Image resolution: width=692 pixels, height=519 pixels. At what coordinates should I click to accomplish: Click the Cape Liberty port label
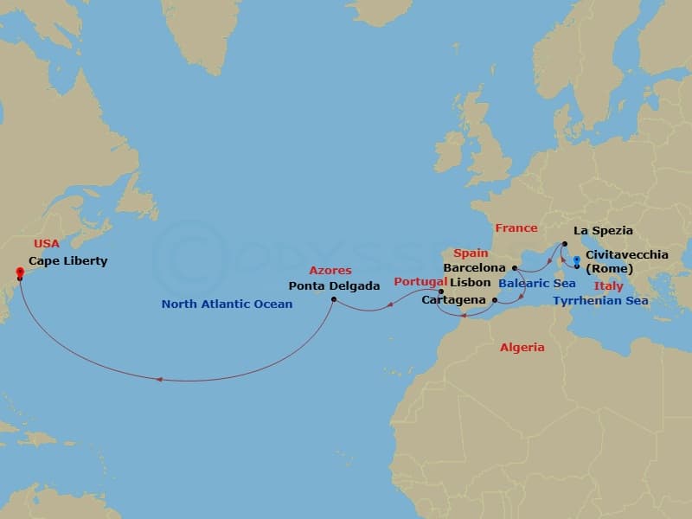point(67,260)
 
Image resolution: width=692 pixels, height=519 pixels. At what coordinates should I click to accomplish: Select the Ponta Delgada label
point(334,285)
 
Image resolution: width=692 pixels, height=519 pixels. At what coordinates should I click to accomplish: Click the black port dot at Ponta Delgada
point(334,300)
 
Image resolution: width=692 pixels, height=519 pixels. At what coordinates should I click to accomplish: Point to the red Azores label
point(330,271)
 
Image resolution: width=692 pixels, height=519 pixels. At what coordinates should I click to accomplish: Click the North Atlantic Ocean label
point(227,304)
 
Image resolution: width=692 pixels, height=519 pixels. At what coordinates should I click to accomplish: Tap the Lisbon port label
point(470,282)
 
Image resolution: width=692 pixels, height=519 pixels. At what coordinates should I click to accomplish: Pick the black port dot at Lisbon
point(441,292)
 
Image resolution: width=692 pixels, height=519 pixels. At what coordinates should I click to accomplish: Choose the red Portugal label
point(420,282)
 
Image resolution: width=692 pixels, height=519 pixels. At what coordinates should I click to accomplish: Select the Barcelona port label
point(473,268)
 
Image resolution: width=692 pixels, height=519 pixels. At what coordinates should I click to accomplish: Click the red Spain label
point(471,253)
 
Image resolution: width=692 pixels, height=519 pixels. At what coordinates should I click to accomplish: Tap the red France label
point(516,228)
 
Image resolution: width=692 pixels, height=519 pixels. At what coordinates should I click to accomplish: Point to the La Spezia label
point(603,231)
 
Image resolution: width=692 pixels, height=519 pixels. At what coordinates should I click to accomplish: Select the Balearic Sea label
point(537,283)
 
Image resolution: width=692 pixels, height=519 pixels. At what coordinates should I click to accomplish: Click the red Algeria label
point(522,347)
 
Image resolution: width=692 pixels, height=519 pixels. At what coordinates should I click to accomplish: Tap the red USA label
point(47,244)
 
